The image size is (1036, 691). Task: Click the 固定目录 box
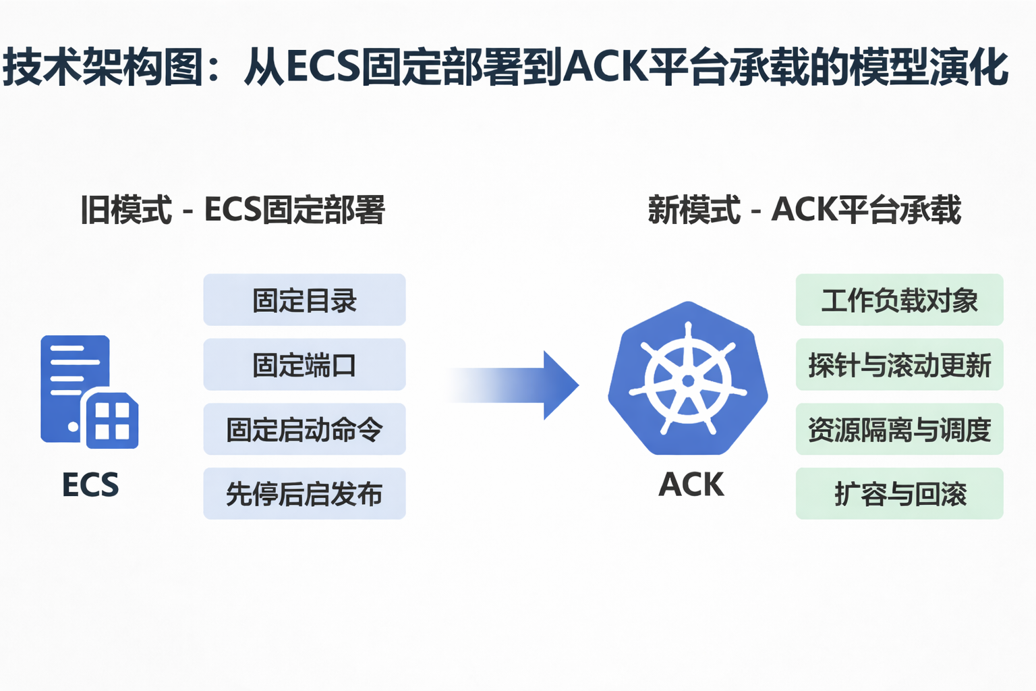(x=304, y=300)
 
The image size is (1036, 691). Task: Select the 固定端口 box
(x=304, y=365)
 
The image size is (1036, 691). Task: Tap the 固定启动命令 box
(x=304, y=429)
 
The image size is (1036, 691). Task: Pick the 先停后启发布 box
(x=304, y=494)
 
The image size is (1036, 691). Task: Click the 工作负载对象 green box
(x=899, y=300)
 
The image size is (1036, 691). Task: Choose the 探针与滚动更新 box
(x=899, y=365)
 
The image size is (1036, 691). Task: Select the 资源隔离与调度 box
(x=899, y=429)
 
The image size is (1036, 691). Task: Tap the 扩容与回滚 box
(x=899, y=494)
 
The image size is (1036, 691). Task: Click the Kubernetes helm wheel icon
(x=688, y=380)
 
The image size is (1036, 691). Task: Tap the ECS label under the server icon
(x=90, y=485)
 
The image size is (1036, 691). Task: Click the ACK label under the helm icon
(x=691, y=485)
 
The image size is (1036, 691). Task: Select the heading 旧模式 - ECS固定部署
(x=233, y=209)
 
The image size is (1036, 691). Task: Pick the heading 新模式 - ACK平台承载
(x=804, y=209)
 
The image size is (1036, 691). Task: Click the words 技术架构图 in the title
(x=101, y=67)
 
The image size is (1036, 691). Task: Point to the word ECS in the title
(x=322, y=67)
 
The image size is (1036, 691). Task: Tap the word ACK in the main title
(x=604, y=67)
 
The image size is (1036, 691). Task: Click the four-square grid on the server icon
(x=112, y=421)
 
